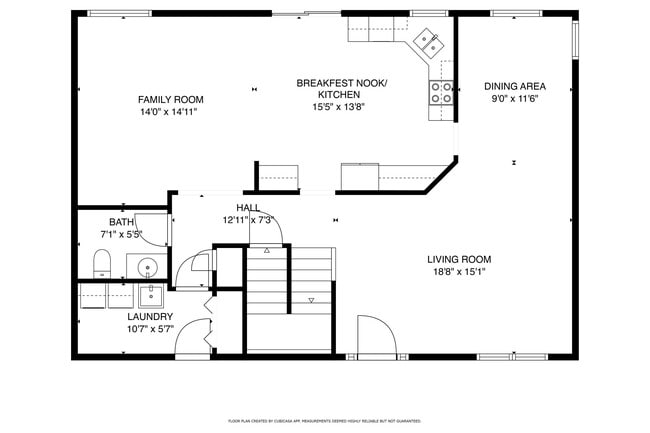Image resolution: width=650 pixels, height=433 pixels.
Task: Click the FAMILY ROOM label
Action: point(171,99)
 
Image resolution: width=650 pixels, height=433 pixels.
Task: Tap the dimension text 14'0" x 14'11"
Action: point(171,111)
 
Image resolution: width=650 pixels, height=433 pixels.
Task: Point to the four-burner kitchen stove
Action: point(440,93)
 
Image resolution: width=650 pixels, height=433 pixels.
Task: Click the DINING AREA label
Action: point(514,86)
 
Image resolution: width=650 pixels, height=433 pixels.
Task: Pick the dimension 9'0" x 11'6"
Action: point(514,99)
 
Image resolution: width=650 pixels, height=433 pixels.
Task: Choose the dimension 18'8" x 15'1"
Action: point(459,271)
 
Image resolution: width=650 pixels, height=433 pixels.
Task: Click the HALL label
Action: point(248,207)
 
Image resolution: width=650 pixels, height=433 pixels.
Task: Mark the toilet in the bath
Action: point(102,265)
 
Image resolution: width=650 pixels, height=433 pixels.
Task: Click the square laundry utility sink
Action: point(150,296)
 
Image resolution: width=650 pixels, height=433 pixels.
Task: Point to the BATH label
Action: point(121,222)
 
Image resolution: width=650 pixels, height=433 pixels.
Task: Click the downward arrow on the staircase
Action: point(311,300)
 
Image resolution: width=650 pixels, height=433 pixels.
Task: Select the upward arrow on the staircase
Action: point(267,252)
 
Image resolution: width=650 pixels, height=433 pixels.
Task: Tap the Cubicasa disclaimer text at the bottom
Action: point(324,422)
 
